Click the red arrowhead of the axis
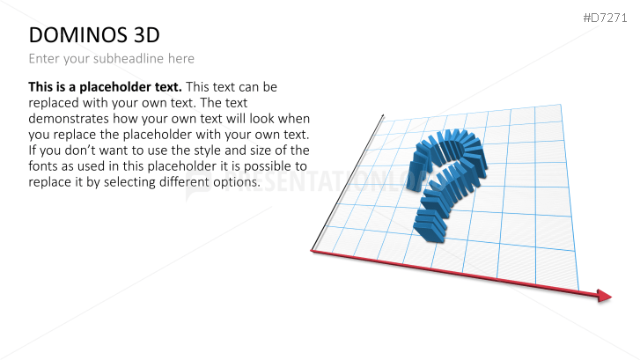coord(604,296)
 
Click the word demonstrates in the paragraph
coord(73,119)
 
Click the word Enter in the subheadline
coord(45,59)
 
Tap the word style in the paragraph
coord(213,151)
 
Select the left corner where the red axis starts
coord(313,252)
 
